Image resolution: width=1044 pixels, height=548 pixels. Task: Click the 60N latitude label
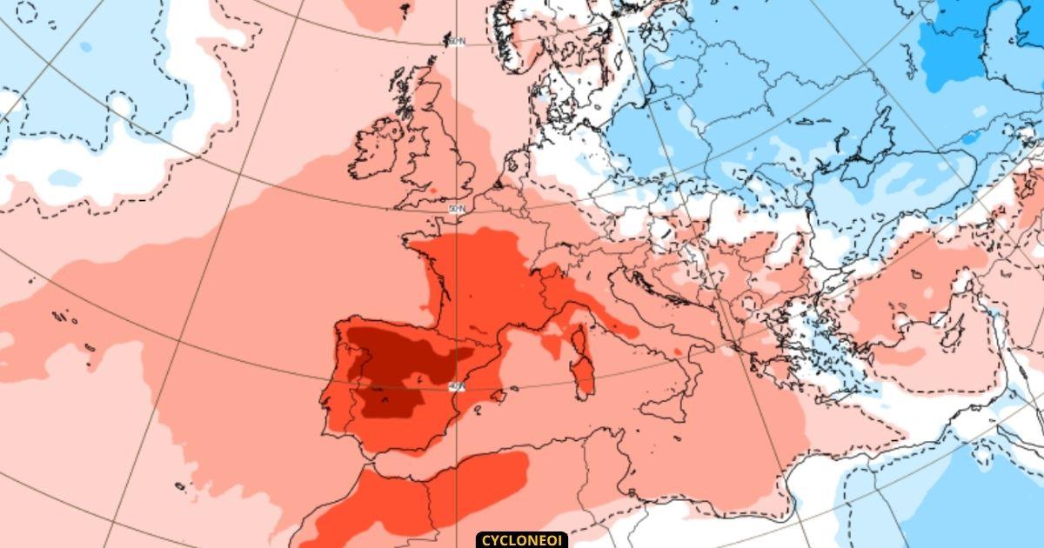(x=457, y=41)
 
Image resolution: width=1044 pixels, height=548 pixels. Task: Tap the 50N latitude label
(x=456, y=210)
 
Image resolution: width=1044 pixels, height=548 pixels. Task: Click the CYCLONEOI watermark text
(x=522, y=539)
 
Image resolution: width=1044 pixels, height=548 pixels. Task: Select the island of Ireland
(x=376, y=150)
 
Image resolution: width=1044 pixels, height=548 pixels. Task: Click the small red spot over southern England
(x=432, y=190)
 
